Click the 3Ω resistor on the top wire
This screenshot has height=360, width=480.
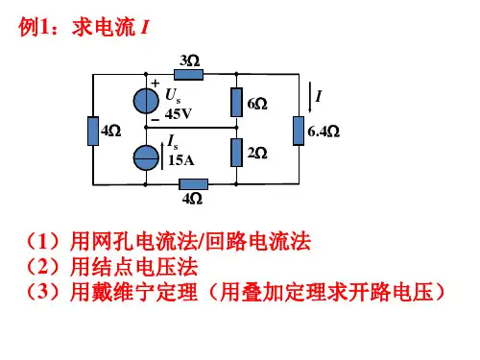tap(188, 75)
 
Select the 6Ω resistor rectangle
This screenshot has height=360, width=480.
tap(236, 102)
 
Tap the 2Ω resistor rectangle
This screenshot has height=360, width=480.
tap(236, 153)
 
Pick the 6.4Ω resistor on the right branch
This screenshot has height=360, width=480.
tap(299, 131)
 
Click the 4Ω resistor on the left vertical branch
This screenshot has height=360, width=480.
tap(93, 132)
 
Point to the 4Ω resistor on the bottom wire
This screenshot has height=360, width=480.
tap(194, 184)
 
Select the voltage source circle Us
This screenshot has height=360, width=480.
tap(146, 101)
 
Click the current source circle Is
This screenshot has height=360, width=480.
tap(146, 157)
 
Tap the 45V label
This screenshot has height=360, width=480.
tap(179, 113)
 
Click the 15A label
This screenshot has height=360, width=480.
tap(181, 160)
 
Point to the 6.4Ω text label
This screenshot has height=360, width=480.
tap(324, 132)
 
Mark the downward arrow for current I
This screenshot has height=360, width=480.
tap(310, 97)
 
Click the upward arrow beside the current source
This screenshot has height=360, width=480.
tap(162, 156)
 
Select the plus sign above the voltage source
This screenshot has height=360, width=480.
tap(156, 84)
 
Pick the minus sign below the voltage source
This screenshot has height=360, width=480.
tap(156, 120)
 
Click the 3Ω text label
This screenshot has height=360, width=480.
tap(189, 60)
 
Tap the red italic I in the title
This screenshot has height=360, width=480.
tap(144, 27)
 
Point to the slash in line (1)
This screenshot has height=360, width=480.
tap(201, 241)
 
